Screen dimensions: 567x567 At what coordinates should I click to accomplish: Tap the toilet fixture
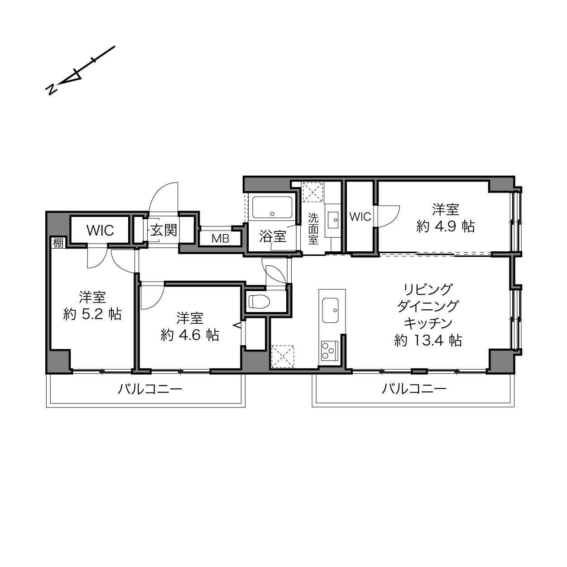pos(259,302)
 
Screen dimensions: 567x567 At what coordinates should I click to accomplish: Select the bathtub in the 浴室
pos(272,207)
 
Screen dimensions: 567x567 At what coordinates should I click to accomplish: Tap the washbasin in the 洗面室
pos(334,219)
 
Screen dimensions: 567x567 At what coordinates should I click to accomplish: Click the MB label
pos(221,239)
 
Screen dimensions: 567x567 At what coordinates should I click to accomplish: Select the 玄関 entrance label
pos(163,230)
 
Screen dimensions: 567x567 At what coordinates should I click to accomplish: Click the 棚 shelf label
pos(58,243)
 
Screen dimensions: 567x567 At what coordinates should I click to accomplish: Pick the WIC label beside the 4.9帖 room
pos(360,217)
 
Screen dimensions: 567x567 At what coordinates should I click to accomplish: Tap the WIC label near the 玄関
pos(100,231)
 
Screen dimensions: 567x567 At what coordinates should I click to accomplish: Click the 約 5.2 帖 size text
pos(92,315)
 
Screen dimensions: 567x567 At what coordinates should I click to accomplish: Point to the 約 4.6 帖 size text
pos(190,335)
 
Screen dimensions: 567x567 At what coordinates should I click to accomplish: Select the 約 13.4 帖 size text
pos(428,341)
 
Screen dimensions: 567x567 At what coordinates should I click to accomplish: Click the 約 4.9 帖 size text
pos(446,226)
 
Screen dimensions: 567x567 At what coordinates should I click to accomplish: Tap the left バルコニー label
pos(150,389)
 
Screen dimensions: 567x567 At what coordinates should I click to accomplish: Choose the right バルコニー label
pos(414,389)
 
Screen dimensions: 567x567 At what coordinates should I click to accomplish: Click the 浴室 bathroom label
pos(273,236)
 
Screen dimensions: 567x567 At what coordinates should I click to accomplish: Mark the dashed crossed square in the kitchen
pos(283,356)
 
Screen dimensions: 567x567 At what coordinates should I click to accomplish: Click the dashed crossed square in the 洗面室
pos(313,192)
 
